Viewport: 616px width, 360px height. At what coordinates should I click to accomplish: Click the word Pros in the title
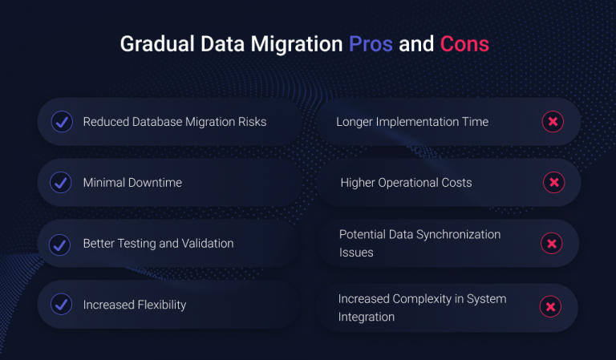[x=371, y=44]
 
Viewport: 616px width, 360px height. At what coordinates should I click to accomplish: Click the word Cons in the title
[x=464, y=44]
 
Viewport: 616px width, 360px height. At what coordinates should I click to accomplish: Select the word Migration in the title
[x=296, y=44]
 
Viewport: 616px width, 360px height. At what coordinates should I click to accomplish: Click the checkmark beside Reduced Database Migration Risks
[x=61, y=122]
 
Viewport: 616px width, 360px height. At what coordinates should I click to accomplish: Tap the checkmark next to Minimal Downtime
[x=61, y=183]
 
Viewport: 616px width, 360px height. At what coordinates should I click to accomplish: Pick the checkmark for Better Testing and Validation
[x=61, y=244]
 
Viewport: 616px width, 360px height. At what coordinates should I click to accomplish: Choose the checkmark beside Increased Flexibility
[x=61, y=305]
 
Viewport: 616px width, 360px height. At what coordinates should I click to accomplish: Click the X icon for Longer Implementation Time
[x=553, y=122]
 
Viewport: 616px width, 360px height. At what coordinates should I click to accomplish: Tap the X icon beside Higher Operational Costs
[x=553, y=183]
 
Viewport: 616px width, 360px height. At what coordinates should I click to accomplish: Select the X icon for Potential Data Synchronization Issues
[x=552, y=244]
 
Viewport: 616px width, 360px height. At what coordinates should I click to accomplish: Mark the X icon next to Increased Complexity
[x=550, y=306]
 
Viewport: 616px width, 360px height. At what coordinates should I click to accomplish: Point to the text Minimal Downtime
[x=132, y=183]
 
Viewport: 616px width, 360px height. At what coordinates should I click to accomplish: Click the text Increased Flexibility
[x=135, y=305]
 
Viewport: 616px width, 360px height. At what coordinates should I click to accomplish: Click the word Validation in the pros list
[x=208, y=244]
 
